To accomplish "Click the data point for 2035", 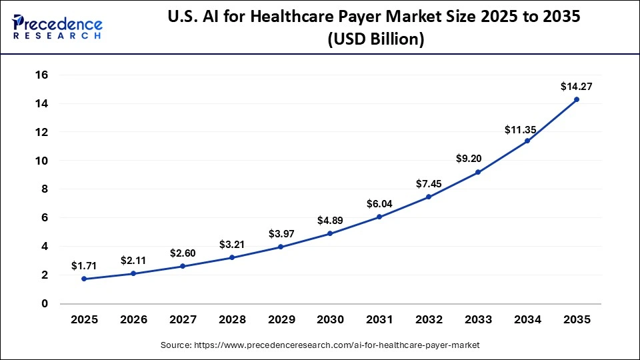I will pyautogui.click(x=577, y=99).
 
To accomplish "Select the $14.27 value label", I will pyautogui.click(x=577, y=86).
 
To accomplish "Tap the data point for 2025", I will pyautogui.click(x=84, y=279).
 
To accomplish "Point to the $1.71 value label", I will pyautogui.click(x=84, y=266).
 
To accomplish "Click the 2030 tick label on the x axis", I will pyautogui.click(x=330, y=320).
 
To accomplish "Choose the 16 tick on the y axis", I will pyautogui.click(x=41, y=75).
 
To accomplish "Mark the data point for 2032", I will pyautogui.click(x=429, y=197).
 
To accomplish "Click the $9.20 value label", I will pyautogui.click(x=478, y=159).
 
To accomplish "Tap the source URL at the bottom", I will pyautogui.click(x=320, y=345).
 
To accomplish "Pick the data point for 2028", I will pyautogui.click(x=231, y=257).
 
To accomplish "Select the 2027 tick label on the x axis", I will pyautogui.click(x=183, y=320).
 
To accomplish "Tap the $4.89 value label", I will pyautogui.click(x=330, y=221).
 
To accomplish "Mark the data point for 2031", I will pyautogui.click(x=379, y=217).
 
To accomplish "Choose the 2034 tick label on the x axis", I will pyautogui.click(x=527, y=320).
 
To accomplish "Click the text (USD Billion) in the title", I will pyautogui.click(x=376, y=40).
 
